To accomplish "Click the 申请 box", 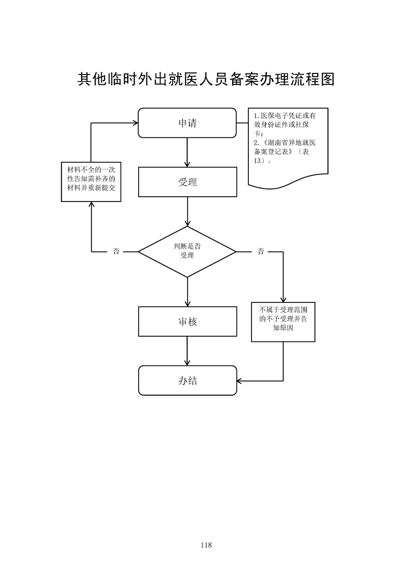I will coord(187,123).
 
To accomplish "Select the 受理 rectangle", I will coord(187,182).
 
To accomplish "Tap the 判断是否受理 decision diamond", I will coord(187,251).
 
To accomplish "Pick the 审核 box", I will coord(187,322).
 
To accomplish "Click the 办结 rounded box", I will coord(187,380).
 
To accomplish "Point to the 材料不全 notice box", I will coord(91,183).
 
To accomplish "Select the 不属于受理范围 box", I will coord(283,322).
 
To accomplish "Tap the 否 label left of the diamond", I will coord(116,252).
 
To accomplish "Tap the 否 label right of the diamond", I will coord(260,252).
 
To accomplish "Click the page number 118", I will coord(206,545).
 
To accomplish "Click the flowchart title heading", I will coord(206,79).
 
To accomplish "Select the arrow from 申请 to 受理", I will coord(187,153).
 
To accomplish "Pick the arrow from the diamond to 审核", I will coord(187,292).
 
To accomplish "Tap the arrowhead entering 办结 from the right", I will coord(240,380).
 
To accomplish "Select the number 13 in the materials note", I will coord(259,160).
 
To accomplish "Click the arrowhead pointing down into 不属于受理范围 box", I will coord(283,299).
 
